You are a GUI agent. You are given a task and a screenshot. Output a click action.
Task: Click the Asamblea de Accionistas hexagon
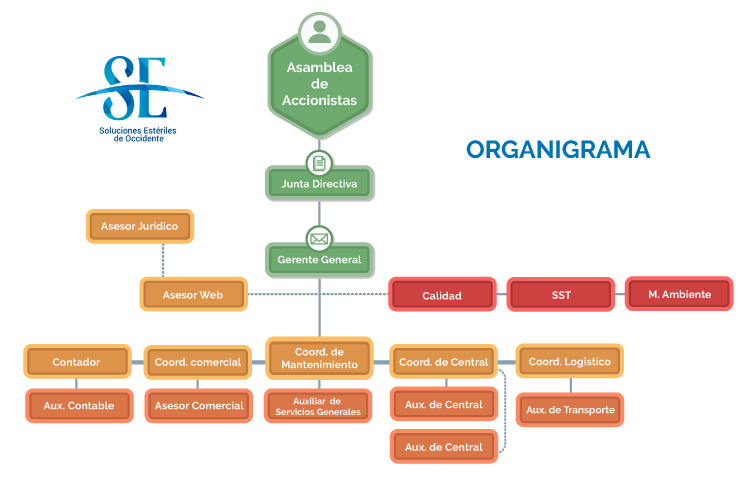(x=319, y=86)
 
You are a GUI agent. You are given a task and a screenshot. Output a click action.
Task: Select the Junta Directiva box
(x=319, y=184)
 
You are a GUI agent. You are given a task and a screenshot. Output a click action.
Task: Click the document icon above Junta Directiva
(x=319, y=163)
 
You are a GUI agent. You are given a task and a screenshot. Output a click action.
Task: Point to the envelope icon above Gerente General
(x=319, y=240)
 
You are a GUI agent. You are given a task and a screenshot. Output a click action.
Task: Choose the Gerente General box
(x=319, y=260)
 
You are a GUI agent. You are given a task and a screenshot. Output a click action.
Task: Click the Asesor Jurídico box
(x=139, y=227)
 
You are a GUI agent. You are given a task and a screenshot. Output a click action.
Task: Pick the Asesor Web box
(x=193, y=295)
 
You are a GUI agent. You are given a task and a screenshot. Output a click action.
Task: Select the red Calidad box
(x=442, y=295)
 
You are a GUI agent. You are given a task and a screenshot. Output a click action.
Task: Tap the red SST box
(x=561, y=295)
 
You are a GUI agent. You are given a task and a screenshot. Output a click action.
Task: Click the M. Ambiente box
(x=679, y=294)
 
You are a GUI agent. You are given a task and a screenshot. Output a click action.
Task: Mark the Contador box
(x=76, y=362)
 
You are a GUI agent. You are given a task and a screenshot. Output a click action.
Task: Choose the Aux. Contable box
(x=78, y=405)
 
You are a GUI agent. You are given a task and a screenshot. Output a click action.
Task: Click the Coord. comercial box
(x=198, y=362)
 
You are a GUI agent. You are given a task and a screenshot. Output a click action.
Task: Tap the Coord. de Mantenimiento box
(x=319, y=358)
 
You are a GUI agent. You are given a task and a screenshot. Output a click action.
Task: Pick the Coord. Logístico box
(x=569, y=361)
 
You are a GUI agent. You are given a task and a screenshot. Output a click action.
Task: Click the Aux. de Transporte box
(x=570, y=409)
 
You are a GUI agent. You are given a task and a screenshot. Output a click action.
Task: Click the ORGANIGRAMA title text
(x=558, y=150)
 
